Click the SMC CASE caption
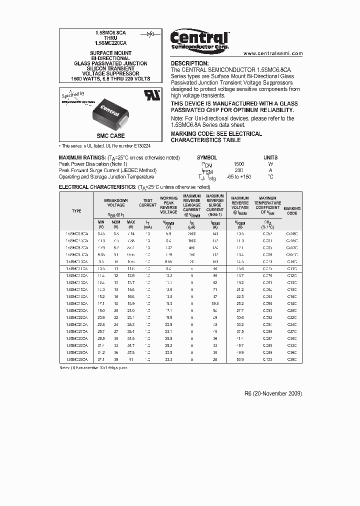point(110,136)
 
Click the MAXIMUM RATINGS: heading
point(82,157)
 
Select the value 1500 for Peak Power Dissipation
point(239,164)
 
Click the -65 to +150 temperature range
point(238,177)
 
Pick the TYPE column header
point(76,211)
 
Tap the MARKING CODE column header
point(292,211)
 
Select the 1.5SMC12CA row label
point(76,275)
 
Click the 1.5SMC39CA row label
point(76,359)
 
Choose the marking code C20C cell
point(292,310)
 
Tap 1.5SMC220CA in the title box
point(111,43)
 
